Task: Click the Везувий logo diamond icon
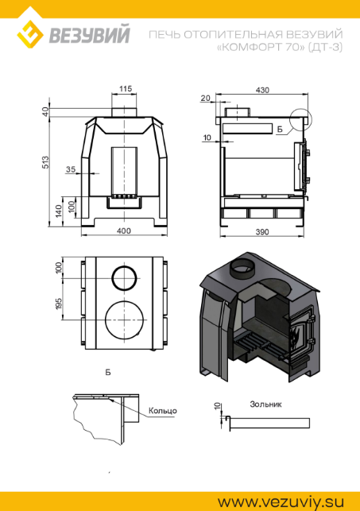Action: tap(30, 34)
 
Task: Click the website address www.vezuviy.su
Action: tap(281, 501)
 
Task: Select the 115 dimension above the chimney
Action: tap(126, 89)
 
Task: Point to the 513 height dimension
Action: tap(46, 162)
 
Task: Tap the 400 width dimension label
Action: tap(124, 230)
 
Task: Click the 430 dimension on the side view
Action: tap(262, 90)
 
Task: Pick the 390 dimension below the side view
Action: tap(262, 232)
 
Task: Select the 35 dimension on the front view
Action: tap(71, 169)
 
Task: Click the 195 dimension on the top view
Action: tap(59, 304)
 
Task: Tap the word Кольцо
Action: tap(163, 410)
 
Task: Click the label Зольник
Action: tap(265, 404)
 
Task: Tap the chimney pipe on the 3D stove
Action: tap(242, 268)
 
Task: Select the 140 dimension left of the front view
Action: tap(59, 211)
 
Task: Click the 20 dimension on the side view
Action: tap(205, 98)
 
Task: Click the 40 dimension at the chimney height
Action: tap(45, 112)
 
